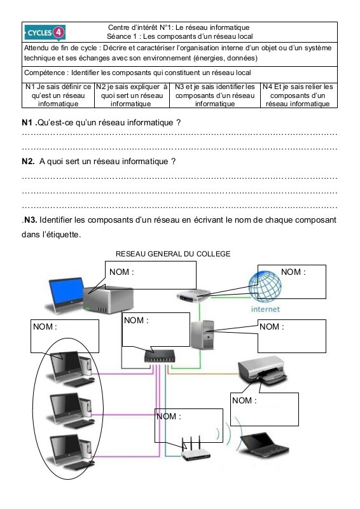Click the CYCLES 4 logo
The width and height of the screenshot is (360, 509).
45,32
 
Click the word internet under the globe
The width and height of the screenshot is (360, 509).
265,309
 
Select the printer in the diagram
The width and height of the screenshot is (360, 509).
262,371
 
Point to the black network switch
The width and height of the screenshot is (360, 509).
160,356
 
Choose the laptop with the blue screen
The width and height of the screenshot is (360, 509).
67,295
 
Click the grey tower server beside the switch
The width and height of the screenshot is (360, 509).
202,335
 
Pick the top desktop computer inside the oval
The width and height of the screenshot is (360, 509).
72,369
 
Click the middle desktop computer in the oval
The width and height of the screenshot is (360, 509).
72,410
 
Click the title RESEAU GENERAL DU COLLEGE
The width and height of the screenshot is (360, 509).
173,254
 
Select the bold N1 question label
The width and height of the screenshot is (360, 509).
28,122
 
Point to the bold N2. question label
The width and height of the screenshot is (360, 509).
28,162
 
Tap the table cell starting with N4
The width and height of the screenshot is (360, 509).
299,95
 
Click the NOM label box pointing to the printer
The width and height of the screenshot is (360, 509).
264,409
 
